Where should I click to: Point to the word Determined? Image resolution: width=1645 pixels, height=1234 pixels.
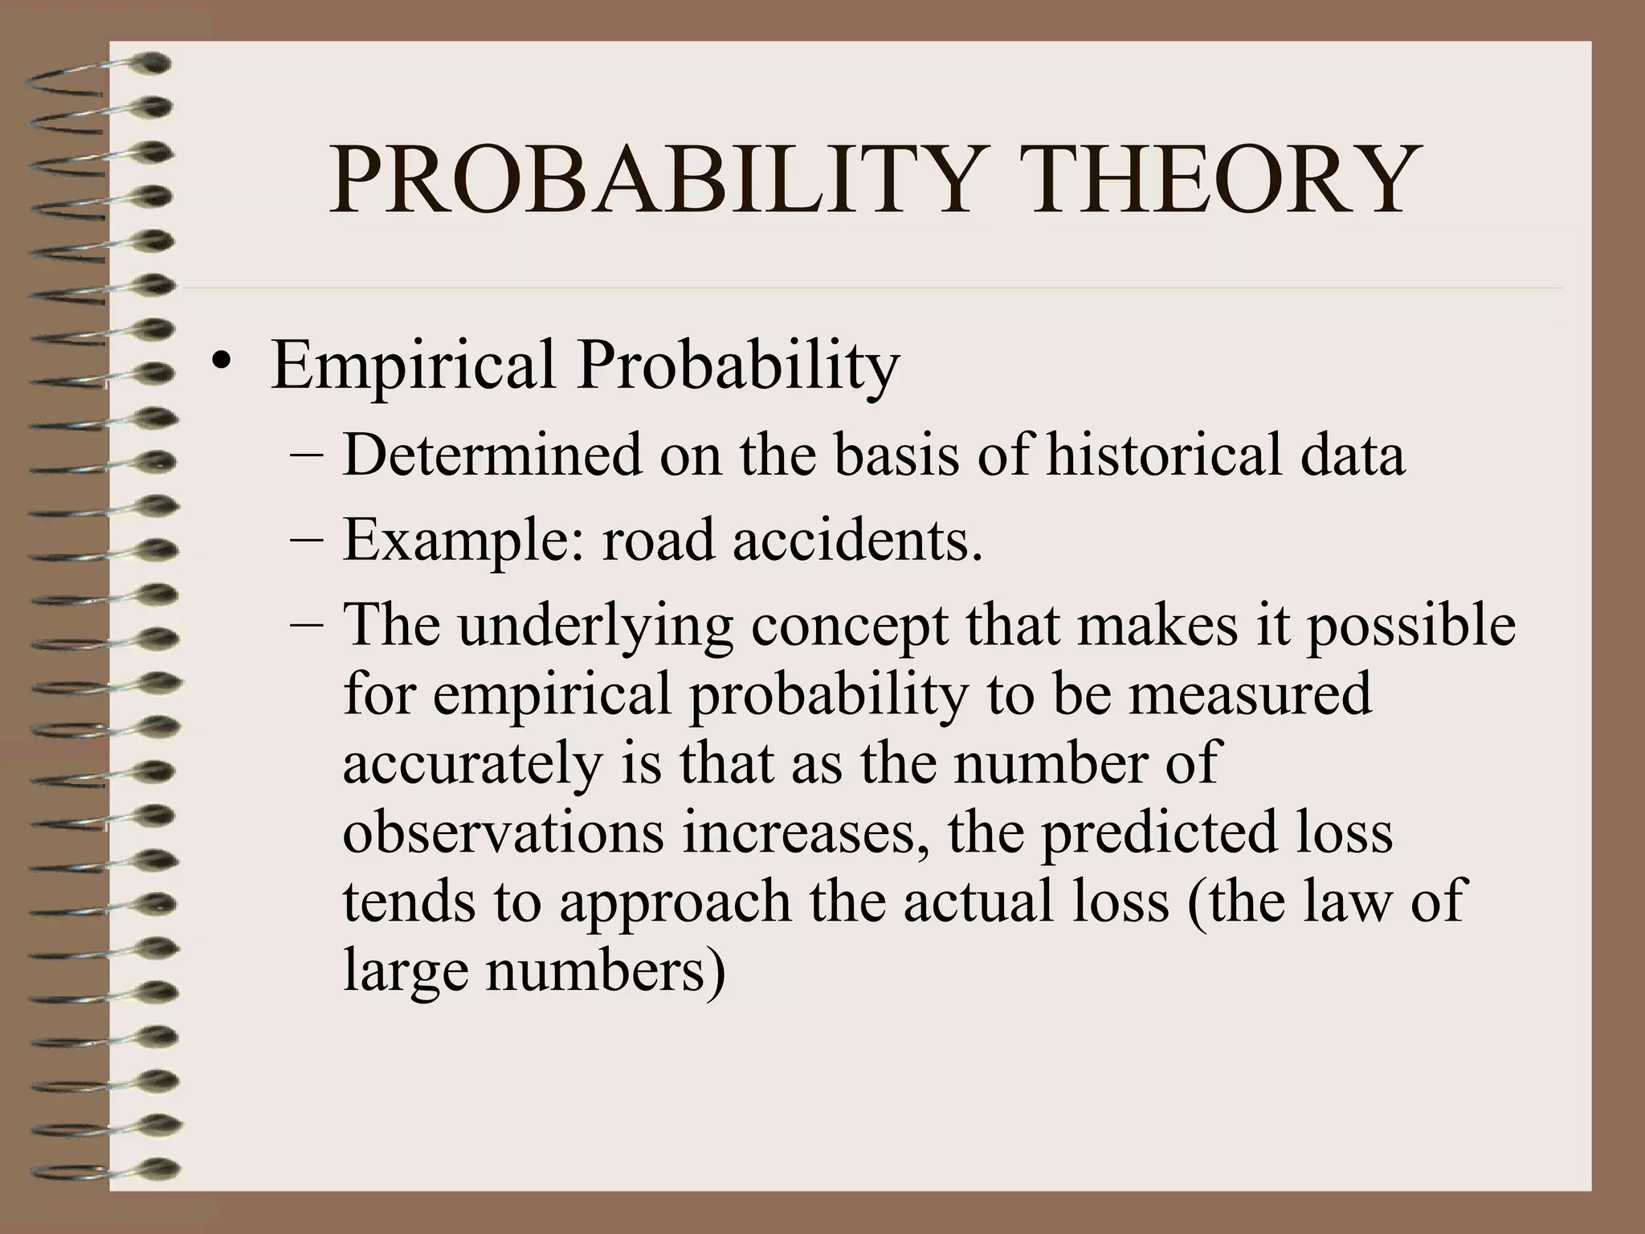(x=492, y=455)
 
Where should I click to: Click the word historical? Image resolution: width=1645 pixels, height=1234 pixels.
(x=1173, y=455)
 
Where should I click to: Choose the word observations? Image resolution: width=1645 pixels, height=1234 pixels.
(x=504, y=833)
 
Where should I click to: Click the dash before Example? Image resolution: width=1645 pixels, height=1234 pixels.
(x=305, y=541)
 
